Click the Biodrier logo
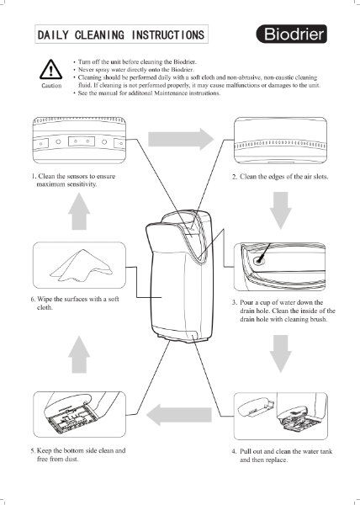point(294,36)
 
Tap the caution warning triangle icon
point(51,70)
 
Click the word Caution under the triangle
point(51,86)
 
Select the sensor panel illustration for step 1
point(79,142)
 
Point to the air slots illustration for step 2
point(281,142)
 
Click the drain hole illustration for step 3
point(281,268)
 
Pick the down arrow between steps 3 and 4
point(281,354)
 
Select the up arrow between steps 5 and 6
point(79,354)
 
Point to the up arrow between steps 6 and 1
point(79,210)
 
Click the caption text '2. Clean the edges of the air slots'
point(279,178)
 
